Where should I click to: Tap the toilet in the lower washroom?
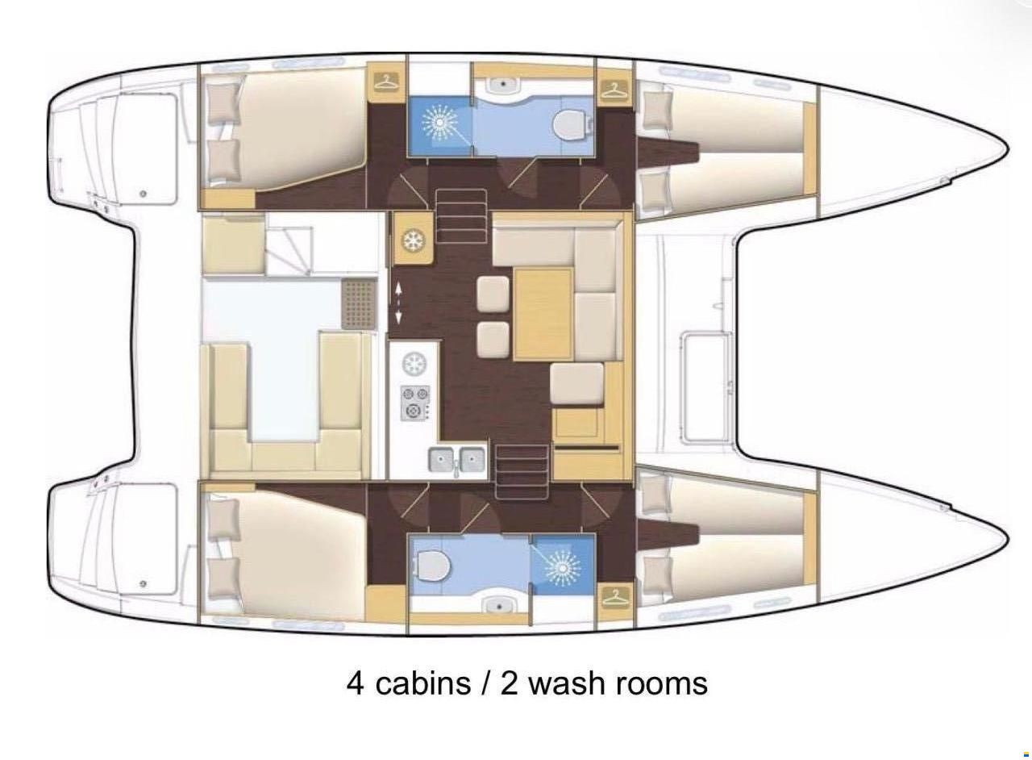pos(433,567)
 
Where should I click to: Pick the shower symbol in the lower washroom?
pos(562,568)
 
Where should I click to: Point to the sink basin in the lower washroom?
pos(500,608)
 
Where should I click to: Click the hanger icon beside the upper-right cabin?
pos(614,87)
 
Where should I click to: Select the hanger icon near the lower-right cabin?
pos(614,597)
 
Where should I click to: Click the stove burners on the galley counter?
pos(415,403)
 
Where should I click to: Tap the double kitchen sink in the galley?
pos(456,460)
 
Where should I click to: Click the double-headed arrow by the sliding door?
pos(398,303)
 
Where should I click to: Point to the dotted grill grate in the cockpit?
pos(359,304)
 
